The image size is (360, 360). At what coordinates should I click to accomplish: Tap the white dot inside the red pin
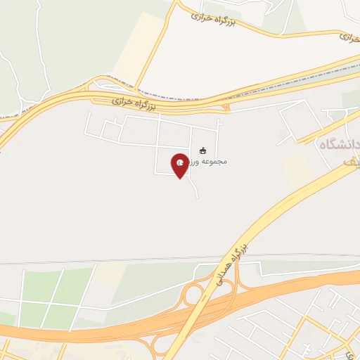coord(181,163)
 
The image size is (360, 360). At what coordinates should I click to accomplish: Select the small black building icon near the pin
coord(203,150)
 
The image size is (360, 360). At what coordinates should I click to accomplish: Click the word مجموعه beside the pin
coord(213,162)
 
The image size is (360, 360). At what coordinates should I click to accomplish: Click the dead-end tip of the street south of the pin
coord(198,195)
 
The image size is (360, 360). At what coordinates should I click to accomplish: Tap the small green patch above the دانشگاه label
coord(349,100)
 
